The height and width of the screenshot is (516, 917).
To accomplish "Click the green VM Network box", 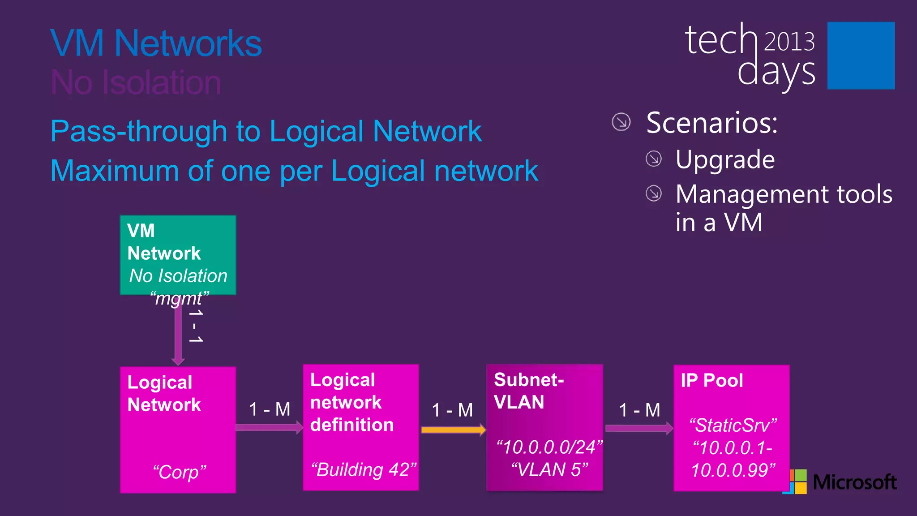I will tap(178, 255).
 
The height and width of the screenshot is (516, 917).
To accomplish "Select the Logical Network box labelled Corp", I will tap(178, 430).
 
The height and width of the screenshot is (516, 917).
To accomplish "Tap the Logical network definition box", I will tap(361, 427).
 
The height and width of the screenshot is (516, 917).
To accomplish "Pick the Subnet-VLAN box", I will tap(544, 427).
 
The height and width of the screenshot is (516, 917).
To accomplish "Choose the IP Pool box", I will tap(731, 428).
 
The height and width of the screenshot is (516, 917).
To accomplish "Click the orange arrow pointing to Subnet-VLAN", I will tap(453, 430).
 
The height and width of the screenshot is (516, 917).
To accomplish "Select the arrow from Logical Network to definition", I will tap(269, 427).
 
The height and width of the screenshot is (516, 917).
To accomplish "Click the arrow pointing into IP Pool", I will tap(638, 428).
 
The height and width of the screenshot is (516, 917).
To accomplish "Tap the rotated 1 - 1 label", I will tap(196, 326).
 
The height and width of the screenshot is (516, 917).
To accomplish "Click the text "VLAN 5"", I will tap(549, 469).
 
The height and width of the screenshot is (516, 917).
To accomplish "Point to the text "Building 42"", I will tap(364, 470).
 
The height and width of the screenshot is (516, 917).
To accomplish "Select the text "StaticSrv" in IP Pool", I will tap(733, 425).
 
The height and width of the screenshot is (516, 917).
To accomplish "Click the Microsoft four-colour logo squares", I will tap(795, 482).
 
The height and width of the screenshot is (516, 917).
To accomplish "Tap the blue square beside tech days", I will tap(861, 56).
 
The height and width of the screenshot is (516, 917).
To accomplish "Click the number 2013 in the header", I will tap(789, 42).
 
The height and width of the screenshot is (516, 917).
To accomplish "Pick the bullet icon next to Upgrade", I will tap(654, 159).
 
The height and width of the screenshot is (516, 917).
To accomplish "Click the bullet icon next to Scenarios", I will tap(621, 122).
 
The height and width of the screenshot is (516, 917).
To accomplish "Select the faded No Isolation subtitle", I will tap(136, 82).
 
